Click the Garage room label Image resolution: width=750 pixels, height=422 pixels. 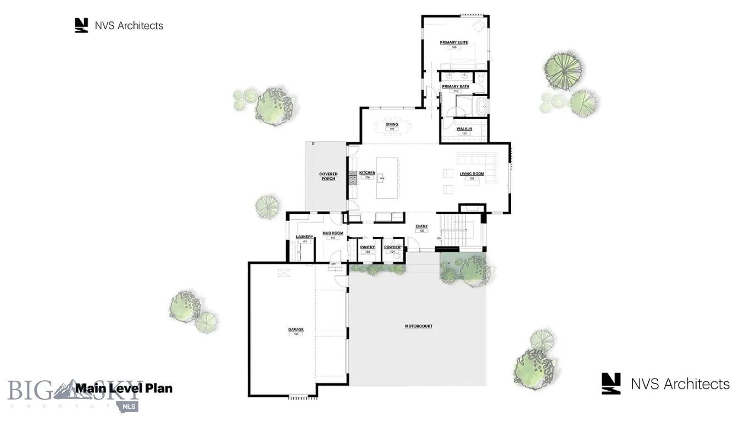pos(296,330)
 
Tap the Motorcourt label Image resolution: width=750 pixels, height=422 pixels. pos(419,326)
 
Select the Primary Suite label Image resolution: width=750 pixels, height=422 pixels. pos(454,42)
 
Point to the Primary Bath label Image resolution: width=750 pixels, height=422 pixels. pos(455,86)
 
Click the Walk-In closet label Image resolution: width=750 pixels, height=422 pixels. pos(464,129)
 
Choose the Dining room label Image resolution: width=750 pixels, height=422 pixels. pos(392,125)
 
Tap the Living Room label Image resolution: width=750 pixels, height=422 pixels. pos(471,174)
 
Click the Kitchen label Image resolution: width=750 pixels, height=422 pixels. pos(367,173)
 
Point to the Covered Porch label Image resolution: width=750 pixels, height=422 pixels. pos(329,176)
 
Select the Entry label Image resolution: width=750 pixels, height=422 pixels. pos(421,226)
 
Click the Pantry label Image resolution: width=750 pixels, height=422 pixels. pos(367,247)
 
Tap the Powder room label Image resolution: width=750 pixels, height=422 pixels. pos(392,247)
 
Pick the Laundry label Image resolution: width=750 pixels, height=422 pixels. pos(304,237)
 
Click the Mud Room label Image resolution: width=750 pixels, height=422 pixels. pos(333,234)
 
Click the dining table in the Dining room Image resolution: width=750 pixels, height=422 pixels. pos(392,127)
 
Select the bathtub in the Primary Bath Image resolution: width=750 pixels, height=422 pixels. pos(481,107)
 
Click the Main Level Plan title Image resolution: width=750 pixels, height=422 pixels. pos(124,388)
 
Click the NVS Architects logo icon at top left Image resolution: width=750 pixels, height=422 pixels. pos(81,25)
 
